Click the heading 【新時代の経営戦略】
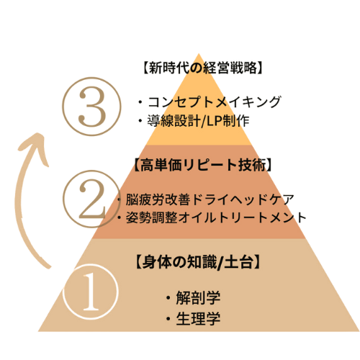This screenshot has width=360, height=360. (202, 68)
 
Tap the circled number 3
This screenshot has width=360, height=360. (91, 107)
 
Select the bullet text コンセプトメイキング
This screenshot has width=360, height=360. (215, 102)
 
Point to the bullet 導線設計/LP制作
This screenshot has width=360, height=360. (198, 120)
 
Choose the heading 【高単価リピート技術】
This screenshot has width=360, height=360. (202, 165)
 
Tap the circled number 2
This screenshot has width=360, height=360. (91, 199)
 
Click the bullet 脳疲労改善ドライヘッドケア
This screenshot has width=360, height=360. (210, 199)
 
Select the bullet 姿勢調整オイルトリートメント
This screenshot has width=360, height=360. (216, 217)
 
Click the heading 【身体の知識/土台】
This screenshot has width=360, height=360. (198, 262)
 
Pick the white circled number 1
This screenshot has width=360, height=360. (91, 292)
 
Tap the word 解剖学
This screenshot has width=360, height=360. (198, 297)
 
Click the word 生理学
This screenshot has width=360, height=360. (198, 319)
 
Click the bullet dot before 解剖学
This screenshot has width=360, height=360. (168, 298)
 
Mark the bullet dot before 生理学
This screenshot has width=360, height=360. (168, 319)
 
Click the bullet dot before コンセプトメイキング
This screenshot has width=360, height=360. (140, 102)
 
